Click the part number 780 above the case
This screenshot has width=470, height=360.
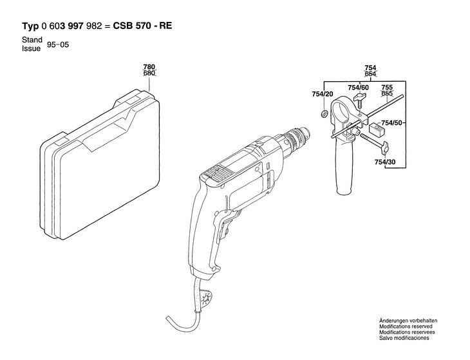coord(149,67)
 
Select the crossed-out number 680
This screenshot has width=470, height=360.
coord(149,73)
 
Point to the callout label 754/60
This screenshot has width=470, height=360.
coord(358,88)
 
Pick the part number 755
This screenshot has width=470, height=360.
coord(387,88)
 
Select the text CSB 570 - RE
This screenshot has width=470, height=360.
coord(144,27)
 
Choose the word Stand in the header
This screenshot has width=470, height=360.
coord(32,40)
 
